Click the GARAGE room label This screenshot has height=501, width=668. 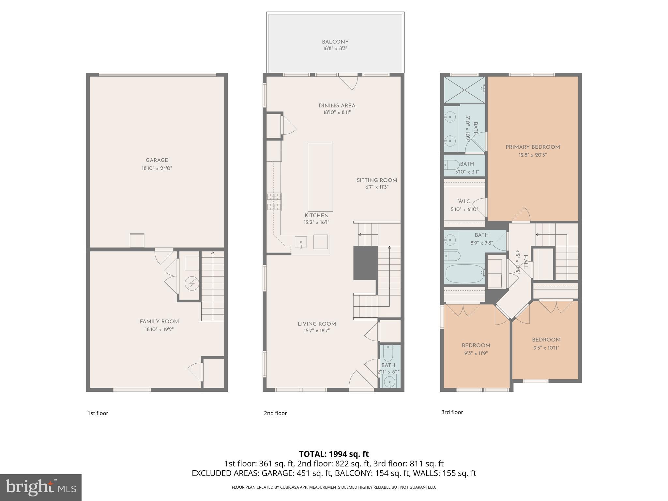(157, 160)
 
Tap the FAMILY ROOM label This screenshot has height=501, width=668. (159, 322)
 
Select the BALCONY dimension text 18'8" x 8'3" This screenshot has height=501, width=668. (335, 49)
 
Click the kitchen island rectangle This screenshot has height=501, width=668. (320, 177)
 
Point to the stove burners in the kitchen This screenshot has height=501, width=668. (274, 202)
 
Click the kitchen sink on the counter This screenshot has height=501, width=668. (301, 242)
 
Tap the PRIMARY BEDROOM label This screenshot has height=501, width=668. (533, 147)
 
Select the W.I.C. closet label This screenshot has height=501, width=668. (464, 202)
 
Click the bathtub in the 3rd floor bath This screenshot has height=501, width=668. (465, 273)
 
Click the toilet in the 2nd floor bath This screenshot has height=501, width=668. (388, 353)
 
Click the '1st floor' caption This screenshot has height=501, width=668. (98, 413)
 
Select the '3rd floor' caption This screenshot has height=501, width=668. (452, 412)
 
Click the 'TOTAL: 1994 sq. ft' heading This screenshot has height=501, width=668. (334, 454)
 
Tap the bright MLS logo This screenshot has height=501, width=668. (41, 487)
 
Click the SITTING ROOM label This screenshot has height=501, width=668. (377, 180)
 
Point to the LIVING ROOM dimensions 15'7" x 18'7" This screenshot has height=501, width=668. (316, 331)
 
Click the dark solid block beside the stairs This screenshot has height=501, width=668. (365, 263)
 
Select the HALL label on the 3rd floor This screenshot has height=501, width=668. (525, 262)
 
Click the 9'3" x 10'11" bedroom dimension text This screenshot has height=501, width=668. (546, 348)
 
